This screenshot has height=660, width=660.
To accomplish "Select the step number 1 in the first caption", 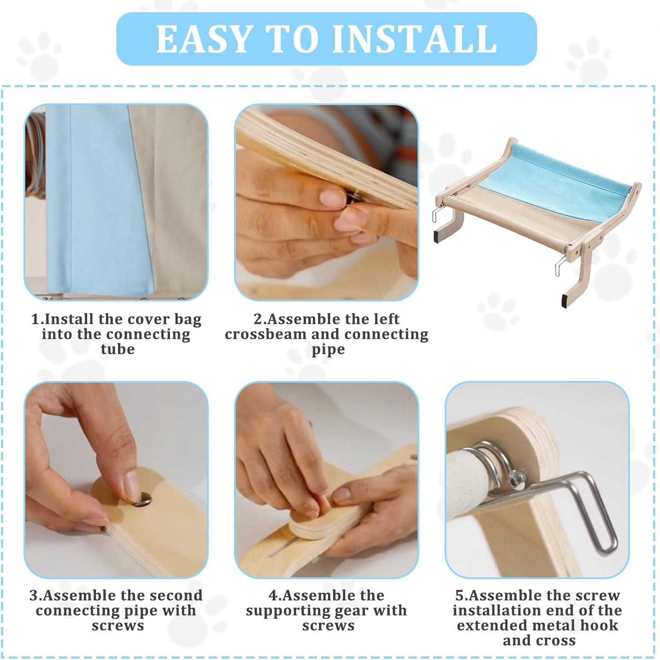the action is coord(35,319).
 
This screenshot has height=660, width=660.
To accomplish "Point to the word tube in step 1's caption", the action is coord(117,349).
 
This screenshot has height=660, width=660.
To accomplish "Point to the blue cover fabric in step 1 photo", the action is coord(97,198).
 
